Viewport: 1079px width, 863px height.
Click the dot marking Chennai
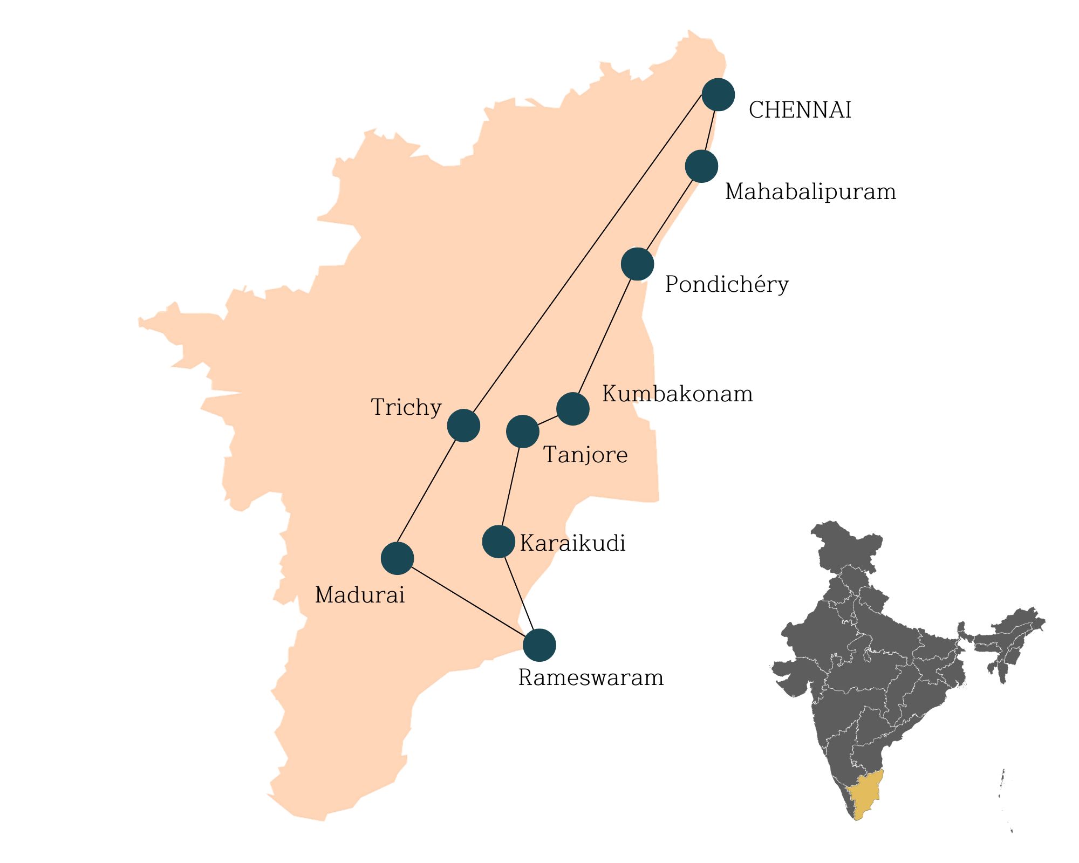[718, 94]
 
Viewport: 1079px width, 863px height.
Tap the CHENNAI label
[800, 111]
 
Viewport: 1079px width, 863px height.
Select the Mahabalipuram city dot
[701, 166]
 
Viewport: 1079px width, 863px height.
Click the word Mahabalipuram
[810, 192]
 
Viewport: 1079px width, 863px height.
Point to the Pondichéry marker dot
[637, 264]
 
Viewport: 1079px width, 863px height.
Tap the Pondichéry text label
[726, 284]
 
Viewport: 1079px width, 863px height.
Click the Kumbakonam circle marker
[572, 409]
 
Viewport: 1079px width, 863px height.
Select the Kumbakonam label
[677, 394]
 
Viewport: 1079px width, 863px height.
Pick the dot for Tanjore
[523, 432]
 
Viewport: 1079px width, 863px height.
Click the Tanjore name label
[585, 455]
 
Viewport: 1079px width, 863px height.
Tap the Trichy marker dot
[463, 426]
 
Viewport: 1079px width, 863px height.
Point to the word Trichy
[406, 407]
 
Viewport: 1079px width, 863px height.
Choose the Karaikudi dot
[498, 542]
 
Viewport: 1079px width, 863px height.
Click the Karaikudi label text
[572, 543]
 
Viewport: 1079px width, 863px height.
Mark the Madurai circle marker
[397, 558]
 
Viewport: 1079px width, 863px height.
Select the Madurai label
[359, 595]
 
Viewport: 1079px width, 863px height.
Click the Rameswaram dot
[539, 645]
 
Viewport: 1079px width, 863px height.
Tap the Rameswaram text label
[591, 678]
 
